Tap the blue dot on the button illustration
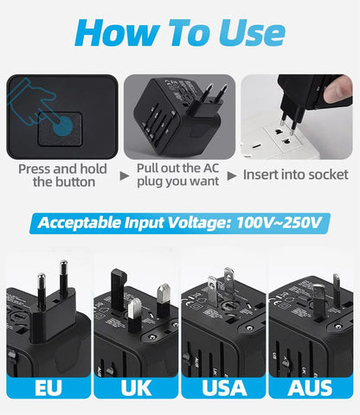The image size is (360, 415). point(62,123)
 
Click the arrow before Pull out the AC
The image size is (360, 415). point(125,175)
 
